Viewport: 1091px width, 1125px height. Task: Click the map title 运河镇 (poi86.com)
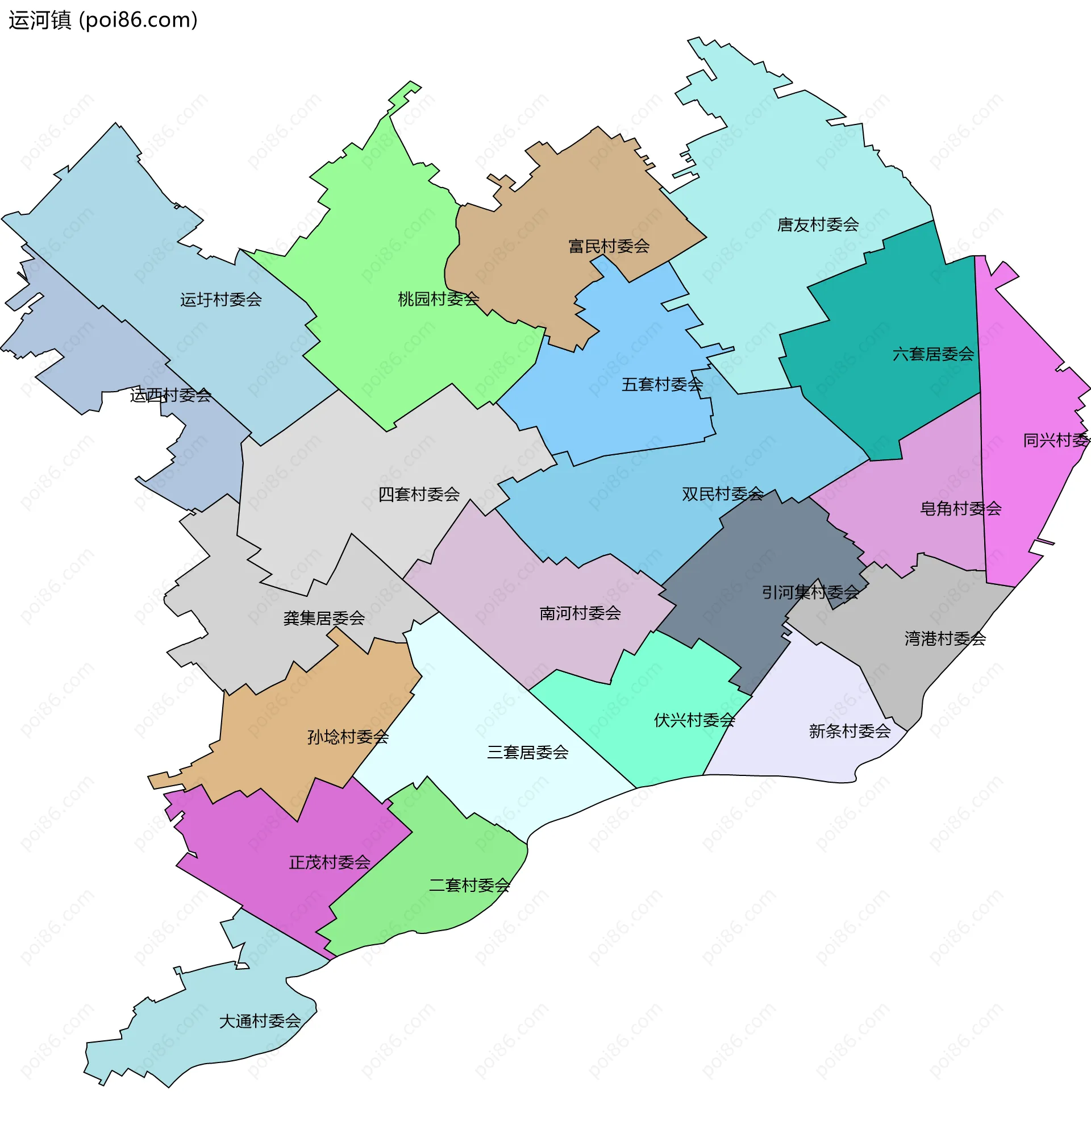103,20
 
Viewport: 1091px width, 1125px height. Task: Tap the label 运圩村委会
221,300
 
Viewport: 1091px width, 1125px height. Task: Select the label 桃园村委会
438,299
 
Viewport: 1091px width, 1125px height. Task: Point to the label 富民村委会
609,247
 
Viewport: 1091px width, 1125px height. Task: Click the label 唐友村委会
817,225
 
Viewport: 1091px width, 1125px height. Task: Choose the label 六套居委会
932,354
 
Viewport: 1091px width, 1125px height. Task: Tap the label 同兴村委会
1056,440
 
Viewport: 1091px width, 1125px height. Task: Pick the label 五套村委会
662,384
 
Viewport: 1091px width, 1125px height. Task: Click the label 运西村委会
170,395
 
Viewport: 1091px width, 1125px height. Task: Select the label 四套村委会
419,494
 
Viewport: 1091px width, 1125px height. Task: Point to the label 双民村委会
722,494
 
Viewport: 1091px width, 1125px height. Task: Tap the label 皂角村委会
960,509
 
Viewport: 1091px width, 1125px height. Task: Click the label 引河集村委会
810,592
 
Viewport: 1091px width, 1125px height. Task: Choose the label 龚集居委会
324,618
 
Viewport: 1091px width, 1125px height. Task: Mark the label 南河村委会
580,613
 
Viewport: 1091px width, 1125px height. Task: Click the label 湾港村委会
945,639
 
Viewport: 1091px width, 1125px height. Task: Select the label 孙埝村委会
348,737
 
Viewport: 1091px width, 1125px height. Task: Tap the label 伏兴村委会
694,720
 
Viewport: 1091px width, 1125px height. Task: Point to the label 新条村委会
850,731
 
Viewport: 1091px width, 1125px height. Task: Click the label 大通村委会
260,1021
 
